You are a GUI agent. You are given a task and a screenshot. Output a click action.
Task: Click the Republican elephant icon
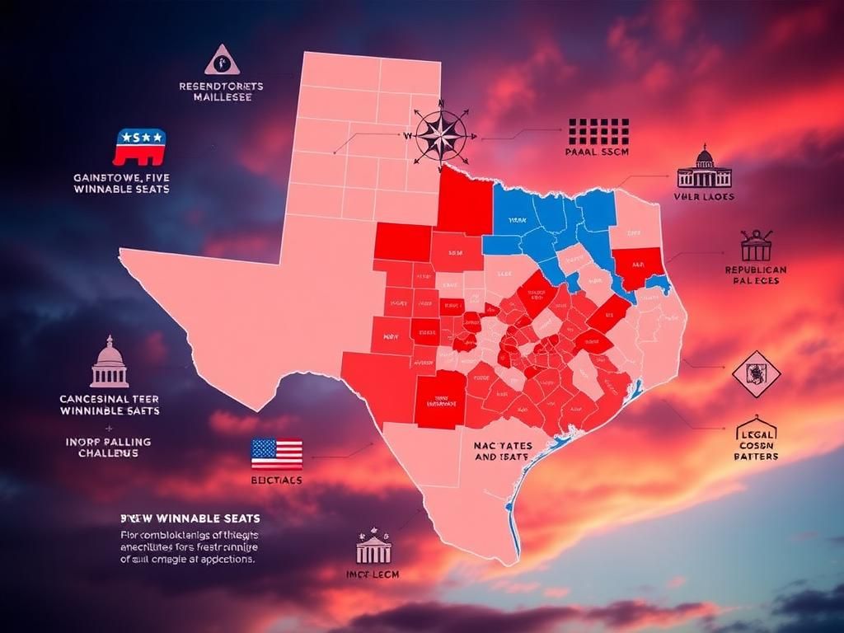tap(139, 147)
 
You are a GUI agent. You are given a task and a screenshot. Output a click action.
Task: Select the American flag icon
tap(276, 453)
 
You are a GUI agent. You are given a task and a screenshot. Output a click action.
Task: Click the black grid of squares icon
tap(598, 132)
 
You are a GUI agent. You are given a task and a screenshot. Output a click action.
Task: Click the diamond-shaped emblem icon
tap(756, 374)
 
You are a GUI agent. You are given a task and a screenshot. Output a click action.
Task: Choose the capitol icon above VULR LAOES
tap(704, 169)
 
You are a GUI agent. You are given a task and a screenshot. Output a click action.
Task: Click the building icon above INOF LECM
tap(373, 546)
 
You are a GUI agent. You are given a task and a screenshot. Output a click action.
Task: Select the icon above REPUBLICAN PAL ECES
tap(756, 245)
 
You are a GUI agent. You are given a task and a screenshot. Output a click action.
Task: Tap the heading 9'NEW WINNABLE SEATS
tap(190, 518)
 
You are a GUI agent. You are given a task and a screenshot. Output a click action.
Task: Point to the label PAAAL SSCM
tap(598, 152)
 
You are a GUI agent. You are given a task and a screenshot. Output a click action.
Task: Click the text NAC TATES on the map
tap(503, 446)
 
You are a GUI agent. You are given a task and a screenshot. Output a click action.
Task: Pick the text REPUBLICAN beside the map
tap(755, 270)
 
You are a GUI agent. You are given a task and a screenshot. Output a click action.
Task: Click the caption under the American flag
tap(275, 480)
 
